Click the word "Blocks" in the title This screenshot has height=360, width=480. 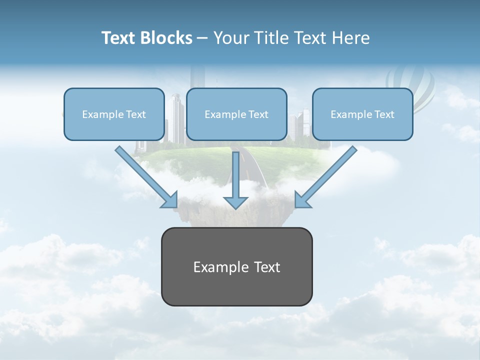click(x=166, y=38)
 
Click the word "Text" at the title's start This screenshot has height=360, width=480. click(x=119, y=38)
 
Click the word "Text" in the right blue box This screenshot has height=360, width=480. click(x=384, y=114)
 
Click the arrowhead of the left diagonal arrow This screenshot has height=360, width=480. click(x=170, y=200)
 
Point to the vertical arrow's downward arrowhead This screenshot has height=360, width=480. click(x=235, y=202)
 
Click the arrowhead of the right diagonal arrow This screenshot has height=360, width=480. click(x=302, y=200)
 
